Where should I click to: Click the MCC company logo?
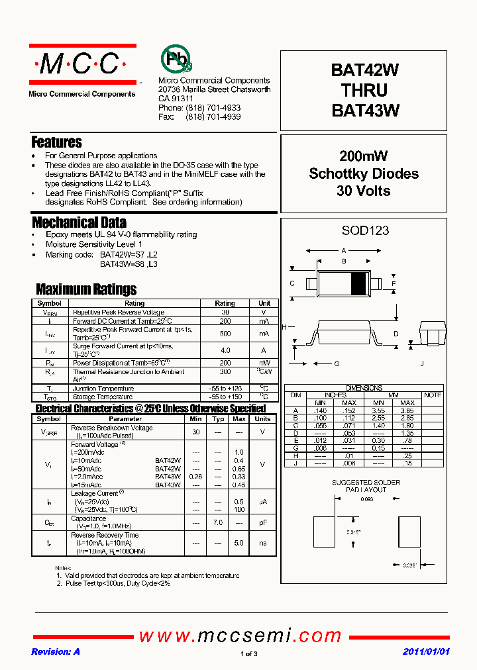click(x=81, y=64)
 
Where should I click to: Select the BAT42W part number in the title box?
click(x=364, y=70)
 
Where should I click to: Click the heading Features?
click(x=57, y=142)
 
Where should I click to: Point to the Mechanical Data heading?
click(x=79, y=222)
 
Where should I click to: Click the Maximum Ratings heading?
click(x=86, y=289)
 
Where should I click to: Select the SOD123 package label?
click(x=365, y=231)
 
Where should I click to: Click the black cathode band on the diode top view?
click(x=358, y=283)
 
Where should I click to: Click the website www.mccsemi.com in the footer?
click(x=248, y=636)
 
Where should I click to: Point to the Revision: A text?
click(x=56, y=651)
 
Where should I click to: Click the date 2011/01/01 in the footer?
click(x=426, y=651)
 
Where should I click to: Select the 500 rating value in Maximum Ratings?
click(x=225, y=334)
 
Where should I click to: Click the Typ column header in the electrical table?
click(x=218, y=419)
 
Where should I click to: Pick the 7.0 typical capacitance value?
click(x=218, y=523)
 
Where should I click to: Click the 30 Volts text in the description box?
click(x=364, y=191)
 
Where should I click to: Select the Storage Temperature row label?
click(x=102, y=397)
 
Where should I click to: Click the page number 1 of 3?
click(x=248, y=654)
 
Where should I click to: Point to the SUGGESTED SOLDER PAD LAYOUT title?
click(x=366, y=486)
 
